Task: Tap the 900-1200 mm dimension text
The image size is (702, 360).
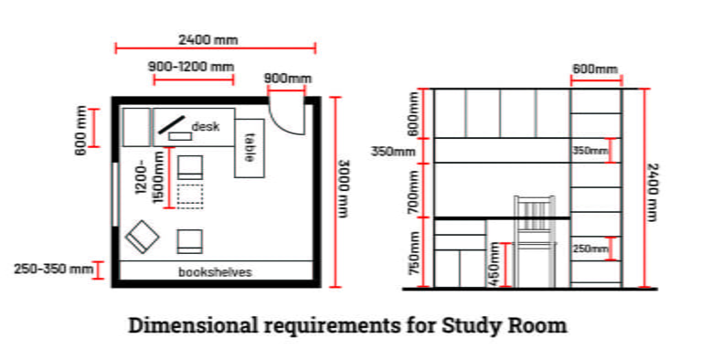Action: tap(190, 67)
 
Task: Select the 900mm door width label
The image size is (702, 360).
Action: tap(286, 78)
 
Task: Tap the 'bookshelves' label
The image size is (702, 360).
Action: tap(215, 272)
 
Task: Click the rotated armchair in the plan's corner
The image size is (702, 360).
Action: tap(143, 237)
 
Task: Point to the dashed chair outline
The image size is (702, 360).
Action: tap(190, 196)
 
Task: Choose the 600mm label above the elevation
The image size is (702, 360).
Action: tap(594, 69)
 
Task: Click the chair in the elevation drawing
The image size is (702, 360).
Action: tap(534, 239)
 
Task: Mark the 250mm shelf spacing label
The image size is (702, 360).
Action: tap(590, 248)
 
